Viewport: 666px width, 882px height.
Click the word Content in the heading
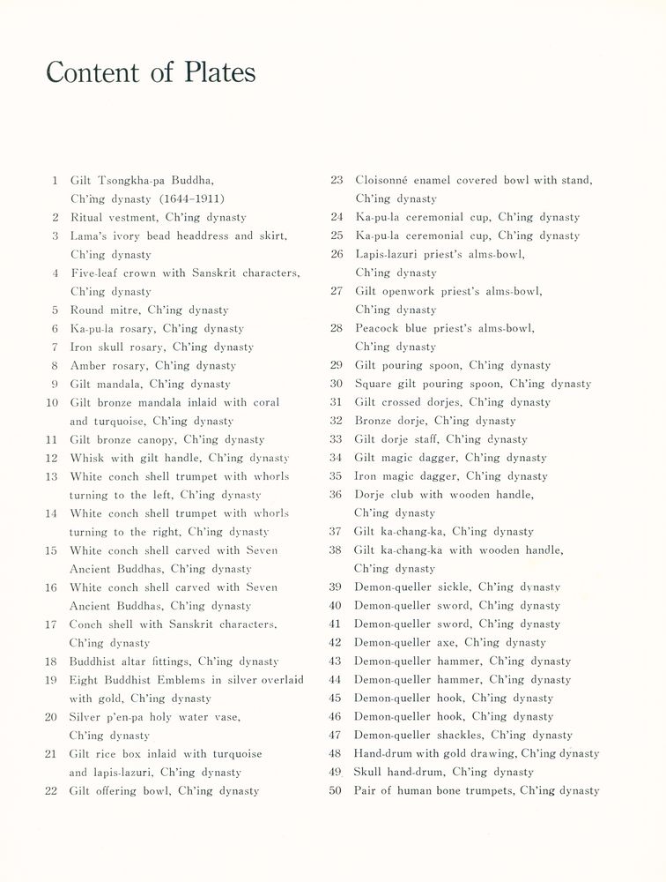point(94,72)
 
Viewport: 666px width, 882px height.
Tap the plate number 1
point(55,181)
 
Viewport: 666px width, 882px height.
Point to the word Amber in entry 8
point(88,365)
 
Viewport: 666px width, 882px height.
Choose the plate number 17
point(51,624)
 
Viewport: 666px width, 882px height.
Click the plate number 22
point(51,791)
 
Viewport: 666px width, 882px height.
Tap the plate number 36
point(336,495)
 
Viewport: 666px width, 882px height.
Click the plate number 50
point(336,791)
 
